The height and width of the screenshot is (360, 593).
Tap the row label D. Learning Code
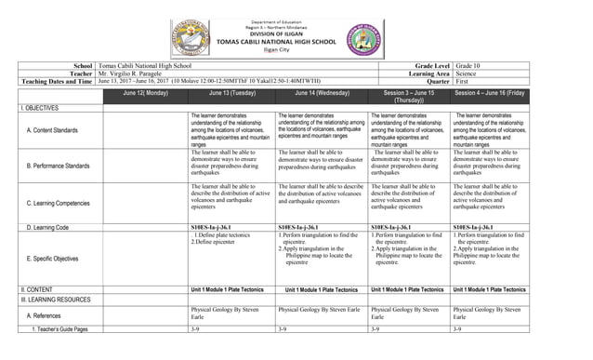(51, 227)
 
